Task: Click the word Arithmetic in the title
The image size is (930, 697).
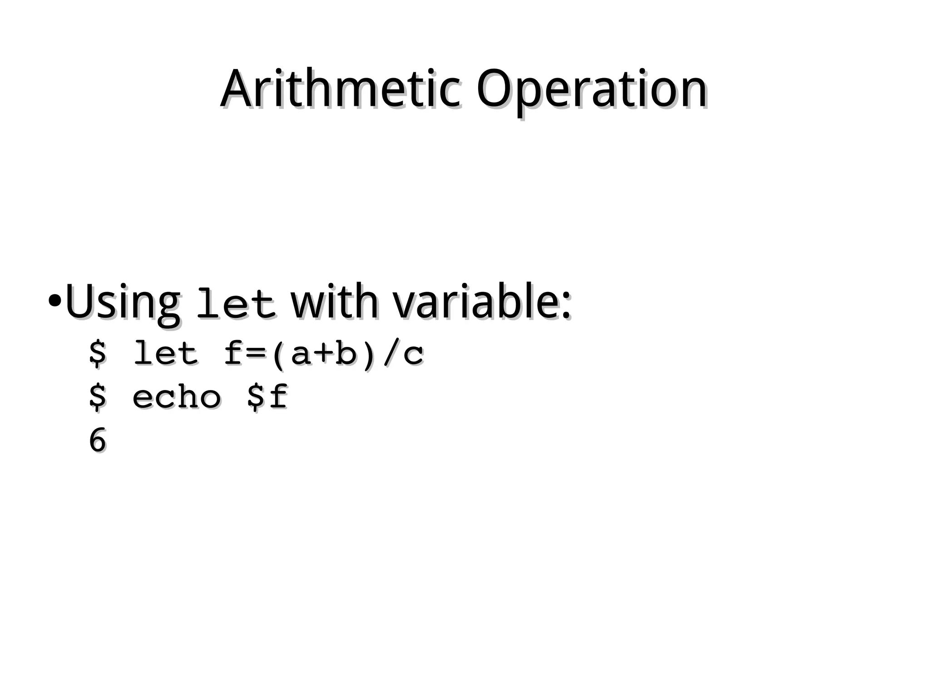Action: point(341,89)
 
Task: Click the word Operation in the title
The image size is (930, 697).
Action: point(591,90)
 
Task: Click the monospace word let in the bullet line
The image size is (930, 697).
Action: point(235,304)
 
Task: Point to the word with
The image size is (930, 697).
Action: point(334,302)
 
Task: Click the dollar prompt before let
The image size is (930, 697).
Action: point(97,354)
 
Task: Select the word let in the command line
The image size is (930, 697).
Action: point(165,354)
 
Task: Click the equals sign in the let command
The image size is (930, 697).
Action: point(257,355)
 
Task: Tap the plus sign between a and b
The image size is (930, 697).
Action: point(324,355)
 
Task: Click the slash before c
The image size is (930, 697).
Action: point(391,354)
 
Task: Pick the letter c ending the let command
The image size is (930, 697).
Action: point(413,356)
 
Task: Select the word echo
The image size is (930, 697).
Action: point(177,397)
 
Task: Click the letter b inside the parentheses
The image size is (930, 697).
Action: point(346,354)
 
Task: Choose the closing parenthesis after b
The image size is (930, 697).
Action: point(369,355)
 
